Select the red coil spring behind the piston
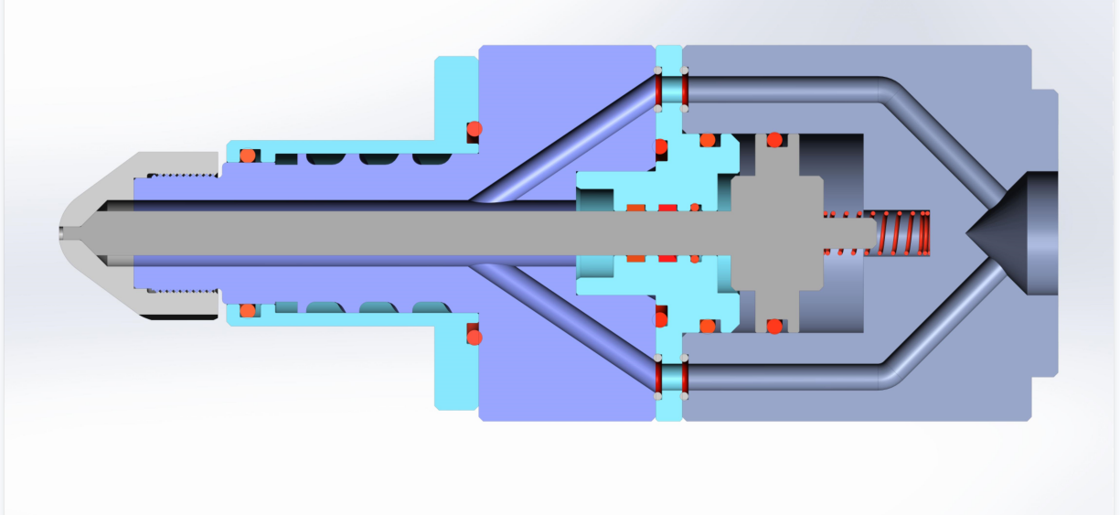point(906,233)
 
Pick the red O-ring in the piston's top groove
point(774,140)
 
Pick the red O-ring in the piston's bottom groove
point(774,326)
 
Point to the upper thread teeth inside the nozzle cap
point(183,175)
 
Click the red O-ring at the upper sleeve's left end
point(247,156)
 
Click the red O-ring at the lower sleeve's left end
point(247,310)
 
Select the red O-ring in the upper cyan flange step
point(474,129)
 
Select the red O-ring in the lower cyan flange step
point(474,338)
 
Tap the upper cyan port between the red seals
point(670,89)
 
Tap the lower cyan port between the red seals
point(670,377)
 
